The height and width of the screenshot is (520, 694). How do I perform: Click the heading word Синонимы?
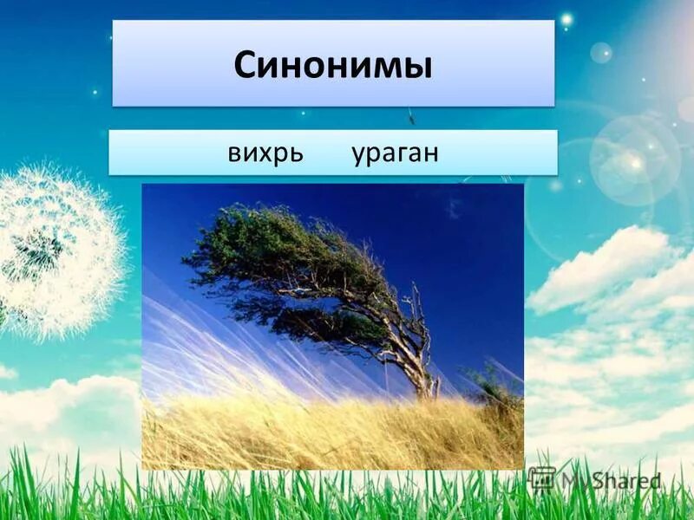[x=333, y=66]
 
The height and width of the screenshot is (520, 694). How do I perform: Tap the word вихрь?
[x=265, y=153]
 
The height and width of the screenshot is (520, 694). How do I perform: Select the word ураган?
[x=395, y=153]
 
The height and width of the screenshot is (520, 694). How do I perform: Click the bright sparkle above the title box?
[x=566, y=18]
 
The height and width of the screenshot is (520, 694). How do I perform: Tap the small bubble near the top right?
[x=601, y=53]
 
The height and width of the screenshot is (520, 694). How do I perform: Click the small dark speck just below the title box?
[x=411, y=115]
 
